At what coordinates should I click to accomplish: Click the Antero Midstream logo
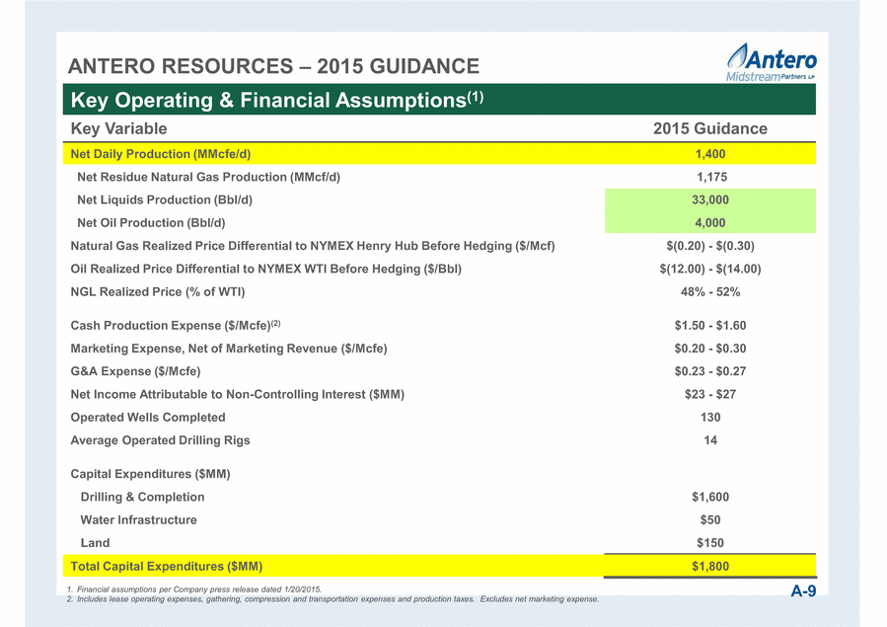point(772,62)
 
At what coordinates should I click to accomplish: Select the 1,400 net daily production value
point(710,154)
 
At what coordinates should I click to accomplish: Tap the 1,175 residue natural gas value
point(711,177)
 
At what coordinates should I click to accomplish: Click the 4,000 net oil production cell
point(710,222)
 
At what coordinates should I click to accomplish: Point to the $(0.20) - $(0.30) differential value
point(710,246)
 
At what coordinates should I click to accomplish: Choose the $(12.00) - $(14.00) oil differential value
point(710,269)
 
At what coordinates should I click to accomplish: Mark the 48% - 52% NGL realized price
point(710,292)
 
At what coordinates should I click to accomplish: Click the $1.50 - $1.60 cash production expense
point(710,326)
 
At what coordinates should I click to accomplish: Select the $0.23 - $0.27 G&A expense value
point(710,371)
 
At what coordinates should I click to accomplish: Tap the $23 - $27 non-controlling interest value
point(710,394)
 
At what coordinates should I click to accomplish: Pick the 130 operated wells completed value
point(710,418)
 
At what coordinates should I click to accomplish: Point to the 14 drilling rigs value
point(710,440)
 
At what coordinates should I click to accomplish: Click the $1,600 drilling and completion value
point(710,497)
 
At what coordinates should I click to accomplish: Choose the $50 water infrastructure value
point(710,520)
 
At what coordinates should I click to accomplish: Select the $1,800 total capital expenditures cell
point(710,566)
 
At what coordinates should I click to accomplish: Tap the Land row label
point(95,543)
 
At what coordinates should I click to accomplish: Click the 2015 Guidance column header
point(710,128)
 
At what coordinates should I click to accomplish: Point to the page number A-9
point(803,591)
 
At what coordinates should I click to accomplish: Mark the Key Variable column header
point(118,128)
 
